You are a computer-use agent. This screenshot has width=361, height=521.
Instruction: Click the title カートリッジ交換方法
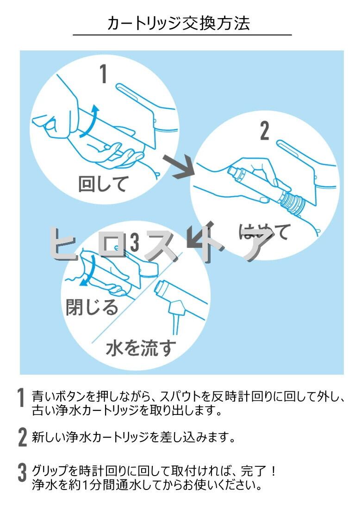coord(179,23)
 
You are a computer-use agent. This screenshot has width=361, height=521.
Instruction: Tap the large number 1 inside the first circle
coord(104,74)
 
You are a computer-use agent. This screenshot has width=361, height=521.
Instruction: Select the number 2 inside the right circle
coord(264,131)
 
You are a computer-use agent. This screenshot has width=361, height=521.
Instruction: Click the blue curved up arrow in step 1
coord(90,120)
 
